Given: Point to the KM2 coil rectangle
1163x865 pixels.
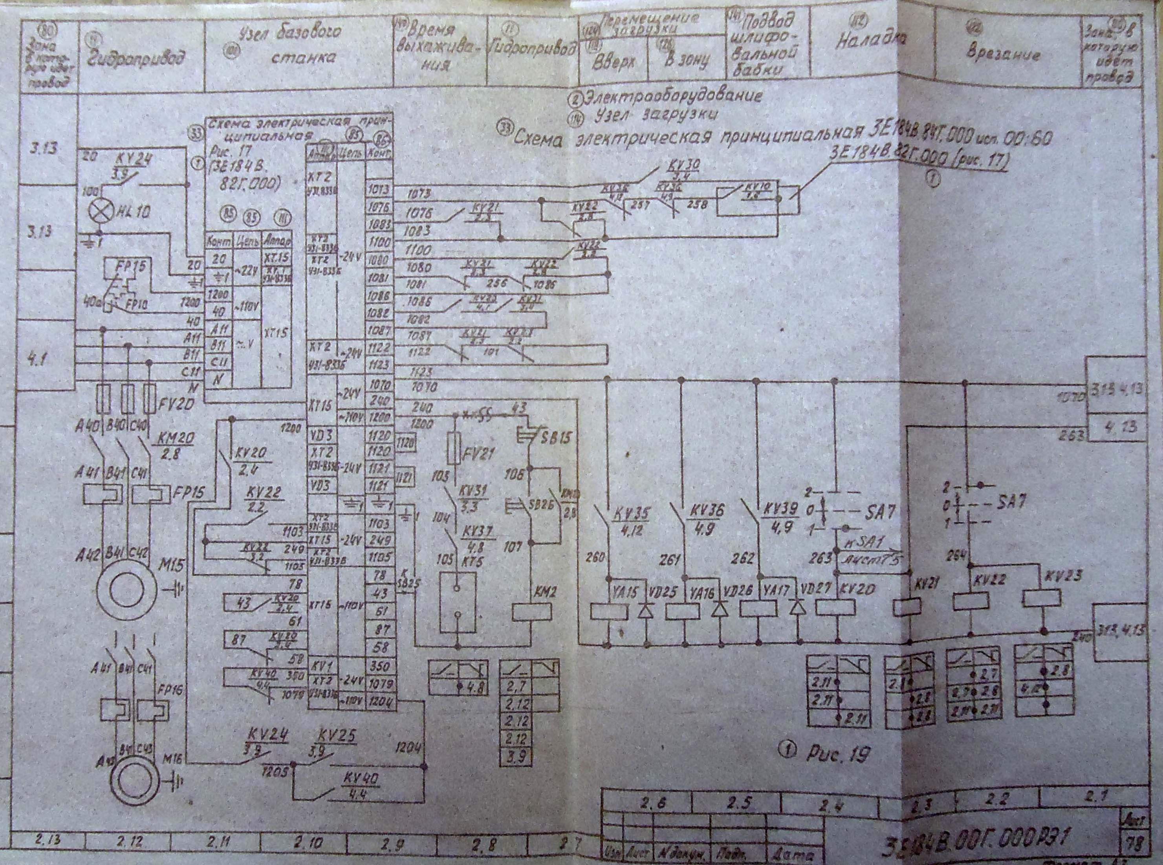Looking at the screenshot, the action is click(x=532, y=612).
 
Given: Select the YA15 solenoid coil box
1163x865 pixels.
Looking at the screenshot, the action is click(x=609, y=611).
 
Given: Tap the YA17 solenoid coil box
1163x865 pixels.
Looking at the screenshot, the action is click(x=758, y=608).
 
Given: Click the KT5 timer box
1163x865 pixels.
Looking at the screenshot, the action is click(x=458, y=602).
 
